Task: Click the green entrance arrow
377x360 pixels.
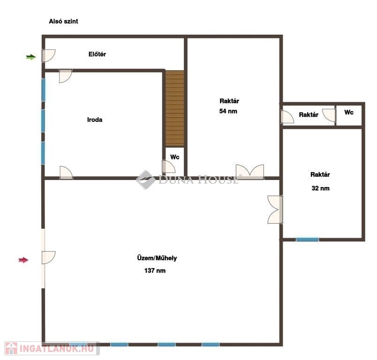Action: [31, 57]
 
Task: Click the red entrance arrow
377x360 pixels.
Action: [23, 260]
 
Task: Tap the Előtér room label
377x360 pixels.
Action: [97, 54]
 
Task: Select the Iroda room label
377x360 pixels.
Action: [95, 120]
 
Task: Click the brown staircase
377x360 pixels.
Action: [174, 108]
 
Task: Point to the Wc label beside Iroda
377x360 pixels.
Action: [175, 157]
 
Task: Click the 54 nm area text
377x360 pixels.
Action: [228, 111]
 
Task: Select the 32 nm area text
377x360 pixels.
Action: [321, 188]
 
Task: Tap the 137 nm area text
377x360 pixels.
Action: [155, 270]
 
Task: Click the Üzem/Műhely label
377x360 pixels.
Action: [157, 258]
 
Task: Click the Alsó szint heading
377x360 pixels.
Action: [63, 21]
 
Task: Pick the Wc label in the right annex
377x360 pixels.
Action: [349, 112]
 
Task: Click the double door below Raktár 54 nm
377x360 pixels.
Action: [250, 172]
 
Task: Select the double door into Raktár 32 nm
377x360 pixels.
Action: [275, 210]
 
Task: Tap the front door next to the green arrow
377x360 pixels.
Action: [48, 56]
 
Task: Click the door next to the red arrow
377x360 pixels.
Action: [48, 257]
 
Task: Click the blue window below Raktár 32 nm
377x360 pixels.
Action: [307, 240]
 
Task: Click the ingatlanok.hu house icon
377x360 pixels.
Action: [11, 348]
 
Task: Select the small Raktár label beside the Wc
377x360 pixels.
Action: [309, 115]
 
